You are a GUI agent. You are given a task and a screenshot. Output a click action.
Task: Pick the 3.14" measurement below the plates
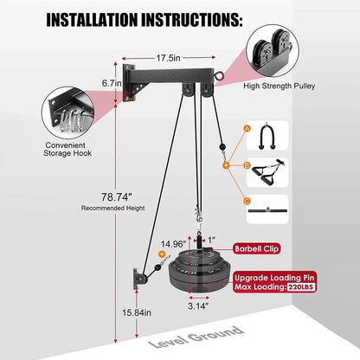pos(198,305)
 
